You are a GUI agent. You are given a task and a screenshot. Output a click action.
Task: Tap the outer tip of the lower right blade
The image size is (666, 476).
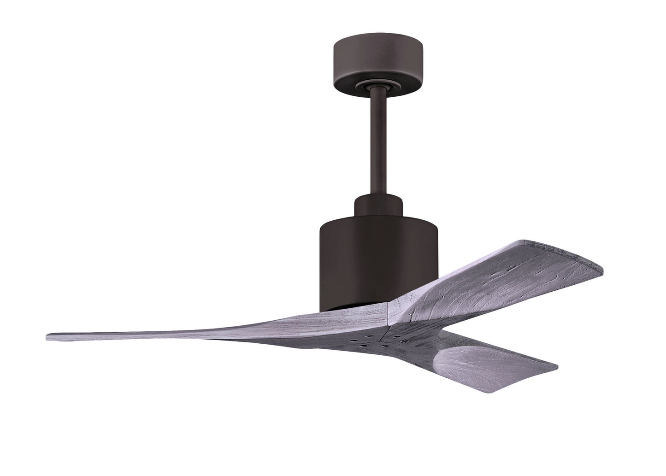[x=555, y=366]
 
